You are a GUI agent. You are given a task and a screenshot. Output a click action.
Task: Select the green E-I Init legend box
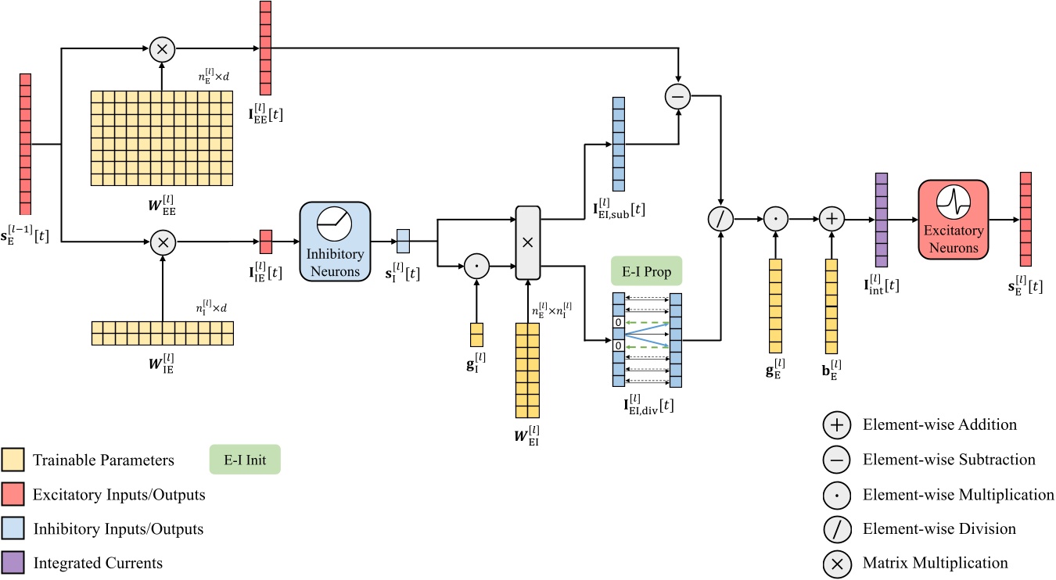(245, 460)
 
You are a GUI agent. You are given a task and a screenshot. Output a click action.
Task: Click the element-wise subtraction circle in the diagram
(678, 97)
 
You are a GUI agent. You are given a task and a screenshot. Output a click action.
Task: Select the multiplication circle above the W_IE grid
(162, 242)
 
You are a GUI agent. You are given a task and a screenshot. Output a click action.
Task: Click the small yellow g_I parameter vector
(476, 334)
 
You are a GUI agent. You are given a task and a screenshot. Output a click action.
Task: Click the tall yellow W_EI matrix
(526, 370)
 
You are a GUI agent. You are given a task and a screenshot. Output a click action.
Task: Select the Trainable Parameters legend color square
(13, 460)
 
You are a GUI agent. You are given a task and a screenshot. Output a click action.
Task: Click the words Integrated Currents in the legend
(98, 562)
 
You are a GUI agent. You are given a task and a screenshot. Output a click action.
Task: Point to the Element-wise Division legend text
(939, 529)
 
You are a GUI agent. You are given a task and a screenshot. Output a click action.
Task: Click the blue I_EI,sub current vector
(619, 144)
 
